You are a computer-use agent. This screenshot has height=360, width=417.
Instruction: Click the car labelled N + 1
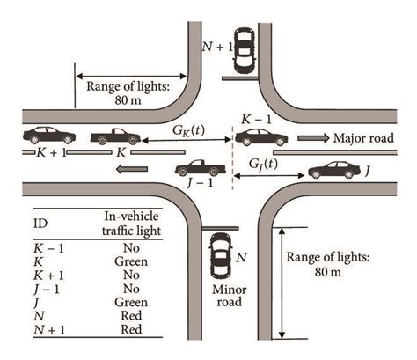[241, 52]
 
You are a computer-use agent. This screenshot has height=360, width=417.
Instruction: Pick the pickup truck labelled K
[113, 136]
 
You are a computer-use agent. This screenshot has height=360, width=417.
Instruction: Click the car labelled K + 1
[49, 136]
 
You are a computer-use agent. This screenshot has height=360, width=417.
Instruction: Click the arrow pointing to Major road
[313, 137]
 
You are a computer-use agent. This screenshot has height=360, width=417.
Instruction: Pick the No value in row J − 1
[123, 288]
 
